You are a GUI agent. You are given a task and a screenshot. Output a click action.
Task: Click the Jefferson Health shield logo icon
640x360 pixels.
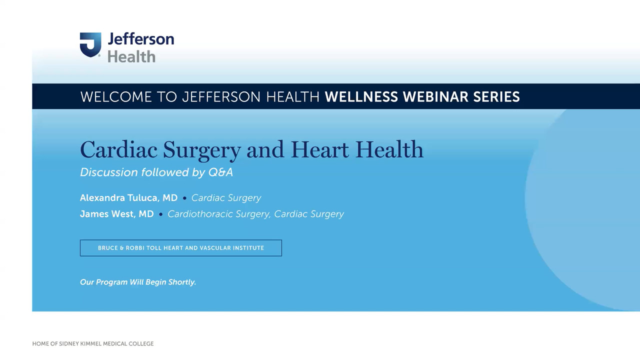90,44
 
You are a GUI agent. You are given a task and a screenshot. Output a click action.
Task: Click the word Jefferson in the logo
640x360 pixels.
140,39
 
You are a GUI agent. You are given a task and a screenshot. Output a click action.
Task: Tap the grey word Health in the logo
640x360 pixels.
131,56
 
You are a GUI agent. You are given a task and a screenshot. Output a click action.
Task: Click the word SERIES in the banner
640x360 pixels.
496,96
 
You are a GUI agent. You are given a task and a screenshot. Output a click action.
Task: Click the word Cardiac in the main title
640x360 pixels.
118,149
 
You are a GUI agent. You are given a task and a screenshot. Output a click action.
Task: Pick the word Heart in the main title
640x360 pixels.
320,149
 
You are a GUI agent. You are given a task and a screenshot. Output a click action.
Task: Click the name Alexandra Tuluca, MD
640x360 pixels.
128,198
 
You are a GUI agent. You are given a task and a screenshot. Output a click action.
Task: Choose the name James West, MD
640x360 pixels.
116,214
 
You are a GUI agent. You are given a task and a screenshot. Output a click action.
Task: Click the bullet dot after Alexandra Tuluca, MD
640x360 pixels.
184,198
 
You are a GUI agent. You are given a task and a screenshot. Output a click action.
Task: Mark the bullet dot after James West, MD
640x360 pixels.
160,214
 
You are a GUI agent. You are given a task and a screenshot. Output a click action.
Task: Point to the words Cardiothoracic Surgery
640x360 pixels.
219,214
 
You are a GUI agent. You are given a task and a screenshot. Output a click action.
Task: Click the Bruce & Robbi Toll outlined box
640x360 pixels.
180,248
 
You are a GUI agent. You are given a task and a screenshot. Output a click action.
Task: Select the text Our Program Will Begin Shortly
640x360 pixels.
138,282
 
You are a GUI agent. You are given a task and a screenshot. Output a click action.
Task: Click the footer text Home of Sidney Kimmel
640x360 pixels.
93,343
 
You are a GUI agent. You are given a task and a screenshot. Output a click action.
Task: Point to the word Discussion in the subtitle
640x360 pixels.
109,172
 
